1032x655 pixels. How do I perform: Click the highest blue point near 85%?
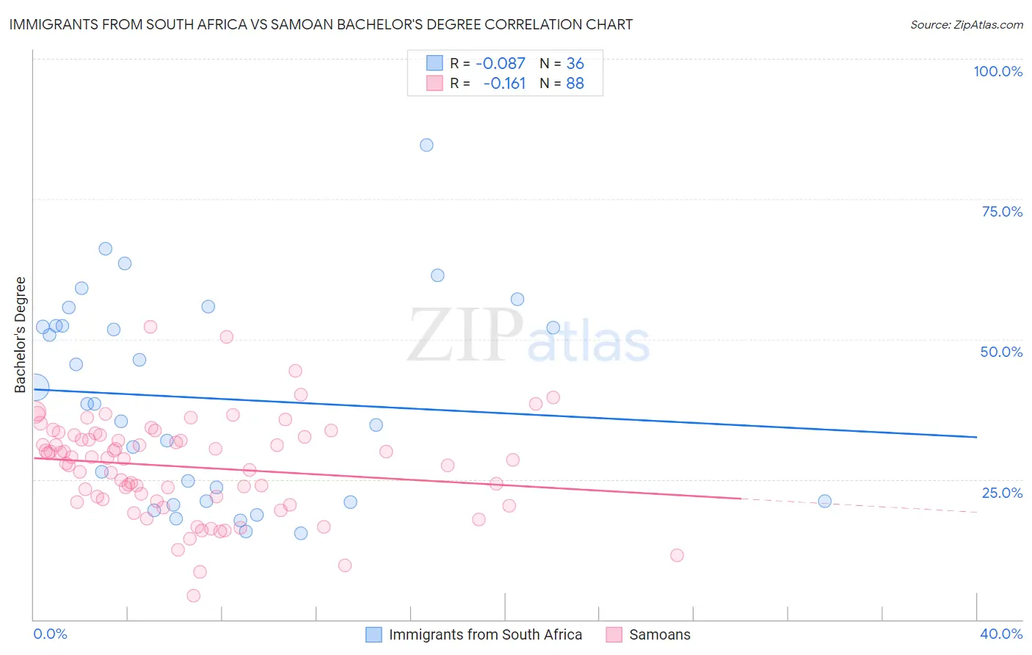point(426,145)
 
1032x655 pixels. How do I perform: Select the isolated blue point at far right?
point(824,501)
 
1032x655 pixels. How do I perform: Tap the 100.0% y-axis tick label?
point(998,71)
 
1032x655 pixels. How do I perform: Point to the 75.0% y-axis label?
point(1002,211)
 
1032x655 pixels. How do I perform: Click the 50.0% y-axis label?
point(1001,352)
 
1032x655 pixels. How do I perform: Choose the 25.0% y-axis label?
point(1002,492)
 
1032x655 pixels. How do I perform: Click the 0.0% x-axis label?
point(50,634)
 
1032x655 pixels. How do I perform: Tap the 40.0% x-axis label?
point(1001,634)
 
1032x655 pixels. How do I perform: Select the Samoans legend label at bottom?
point(660,634)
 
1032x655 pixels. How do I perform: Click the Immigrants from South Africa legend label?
point(485,634)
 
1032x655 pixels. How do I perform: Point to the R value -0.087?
point(501,64)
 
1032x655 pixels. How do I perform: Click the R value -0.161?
point(504,84)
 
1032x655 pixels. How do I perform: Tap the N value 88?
point(575,84)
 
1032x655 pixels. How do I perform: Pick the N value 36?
point(575,64)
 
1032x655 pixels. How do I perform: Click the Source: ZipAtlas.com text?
point(966,24)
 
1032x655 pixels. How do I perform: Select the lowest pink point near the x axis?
point(194,596)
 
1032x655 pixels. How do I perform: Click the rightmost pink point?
point(677,555)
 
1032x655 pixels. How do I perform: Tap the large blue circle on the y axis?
point(35,387)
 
